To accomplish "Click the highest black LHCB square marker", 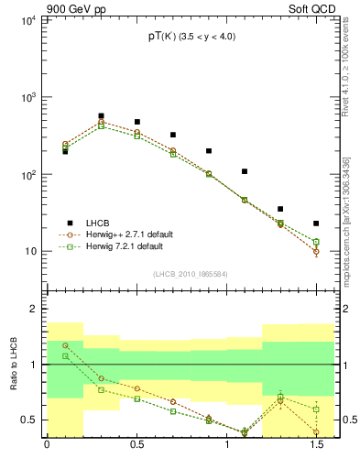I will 101,116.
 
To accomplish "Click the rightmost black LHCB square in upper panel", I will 316,224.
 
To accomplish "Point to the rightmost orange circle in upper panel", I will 316,252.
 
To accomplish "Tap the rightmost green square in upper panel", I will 316,242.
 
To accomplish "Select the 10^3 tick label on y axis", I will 27,97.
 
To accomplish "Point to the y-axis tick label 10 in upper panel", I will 29,252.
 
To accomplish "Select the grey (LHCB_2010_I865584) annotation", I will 191,274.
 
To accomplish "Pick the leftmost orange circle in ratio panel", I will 65,346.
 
